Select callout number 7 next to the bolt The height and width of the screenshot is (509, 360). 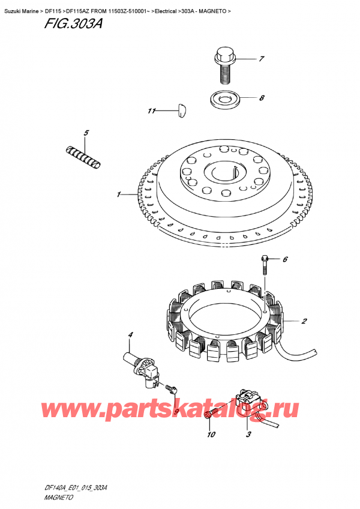click(262, 59)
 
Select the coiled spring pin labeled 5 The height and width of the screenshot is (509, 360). click(82, 155)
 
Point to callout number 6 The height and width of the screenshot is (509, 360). click(286, 259)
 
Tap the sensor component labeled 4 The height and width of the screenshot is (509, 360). click(142, 366)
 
